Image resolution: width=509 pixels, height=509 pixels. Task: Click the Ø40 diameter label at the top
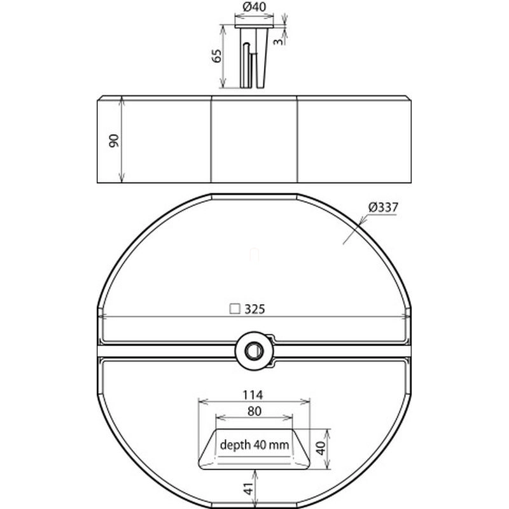pyautogui.click(x=254, y=7)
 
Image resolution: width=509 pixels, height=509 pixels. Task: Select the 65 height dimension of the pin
pyautogui.click(x=216, y=55)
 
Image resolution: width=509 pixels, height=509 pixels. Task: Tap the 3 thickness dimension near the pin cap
pyautogui.click(x=278, y=41)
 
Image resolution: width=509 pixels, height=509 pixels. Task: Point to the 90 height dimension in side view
pyautogui.click(x=115, y=141)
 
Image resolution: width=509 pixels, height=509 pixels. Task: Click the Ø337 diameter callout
pyautogui.click(x=383, y=207)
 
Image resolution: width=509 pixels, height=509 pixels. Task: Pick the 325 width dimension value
pyautogui.click(x=255, y=309)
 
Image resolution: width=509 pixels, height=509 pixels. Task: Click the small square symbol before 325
pyautogui.click(x=235, y=309)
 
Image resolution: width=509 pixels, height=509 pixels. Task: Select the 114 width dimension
pyautogui.click(x=253, y=394)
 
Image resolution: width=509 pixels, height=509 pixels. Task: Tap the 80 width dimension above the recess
pyautogui.click(x=254, y=411)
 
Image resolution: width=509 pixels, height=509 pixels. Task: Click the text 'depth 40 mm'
pyautogui.click(x=254, y=444)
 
